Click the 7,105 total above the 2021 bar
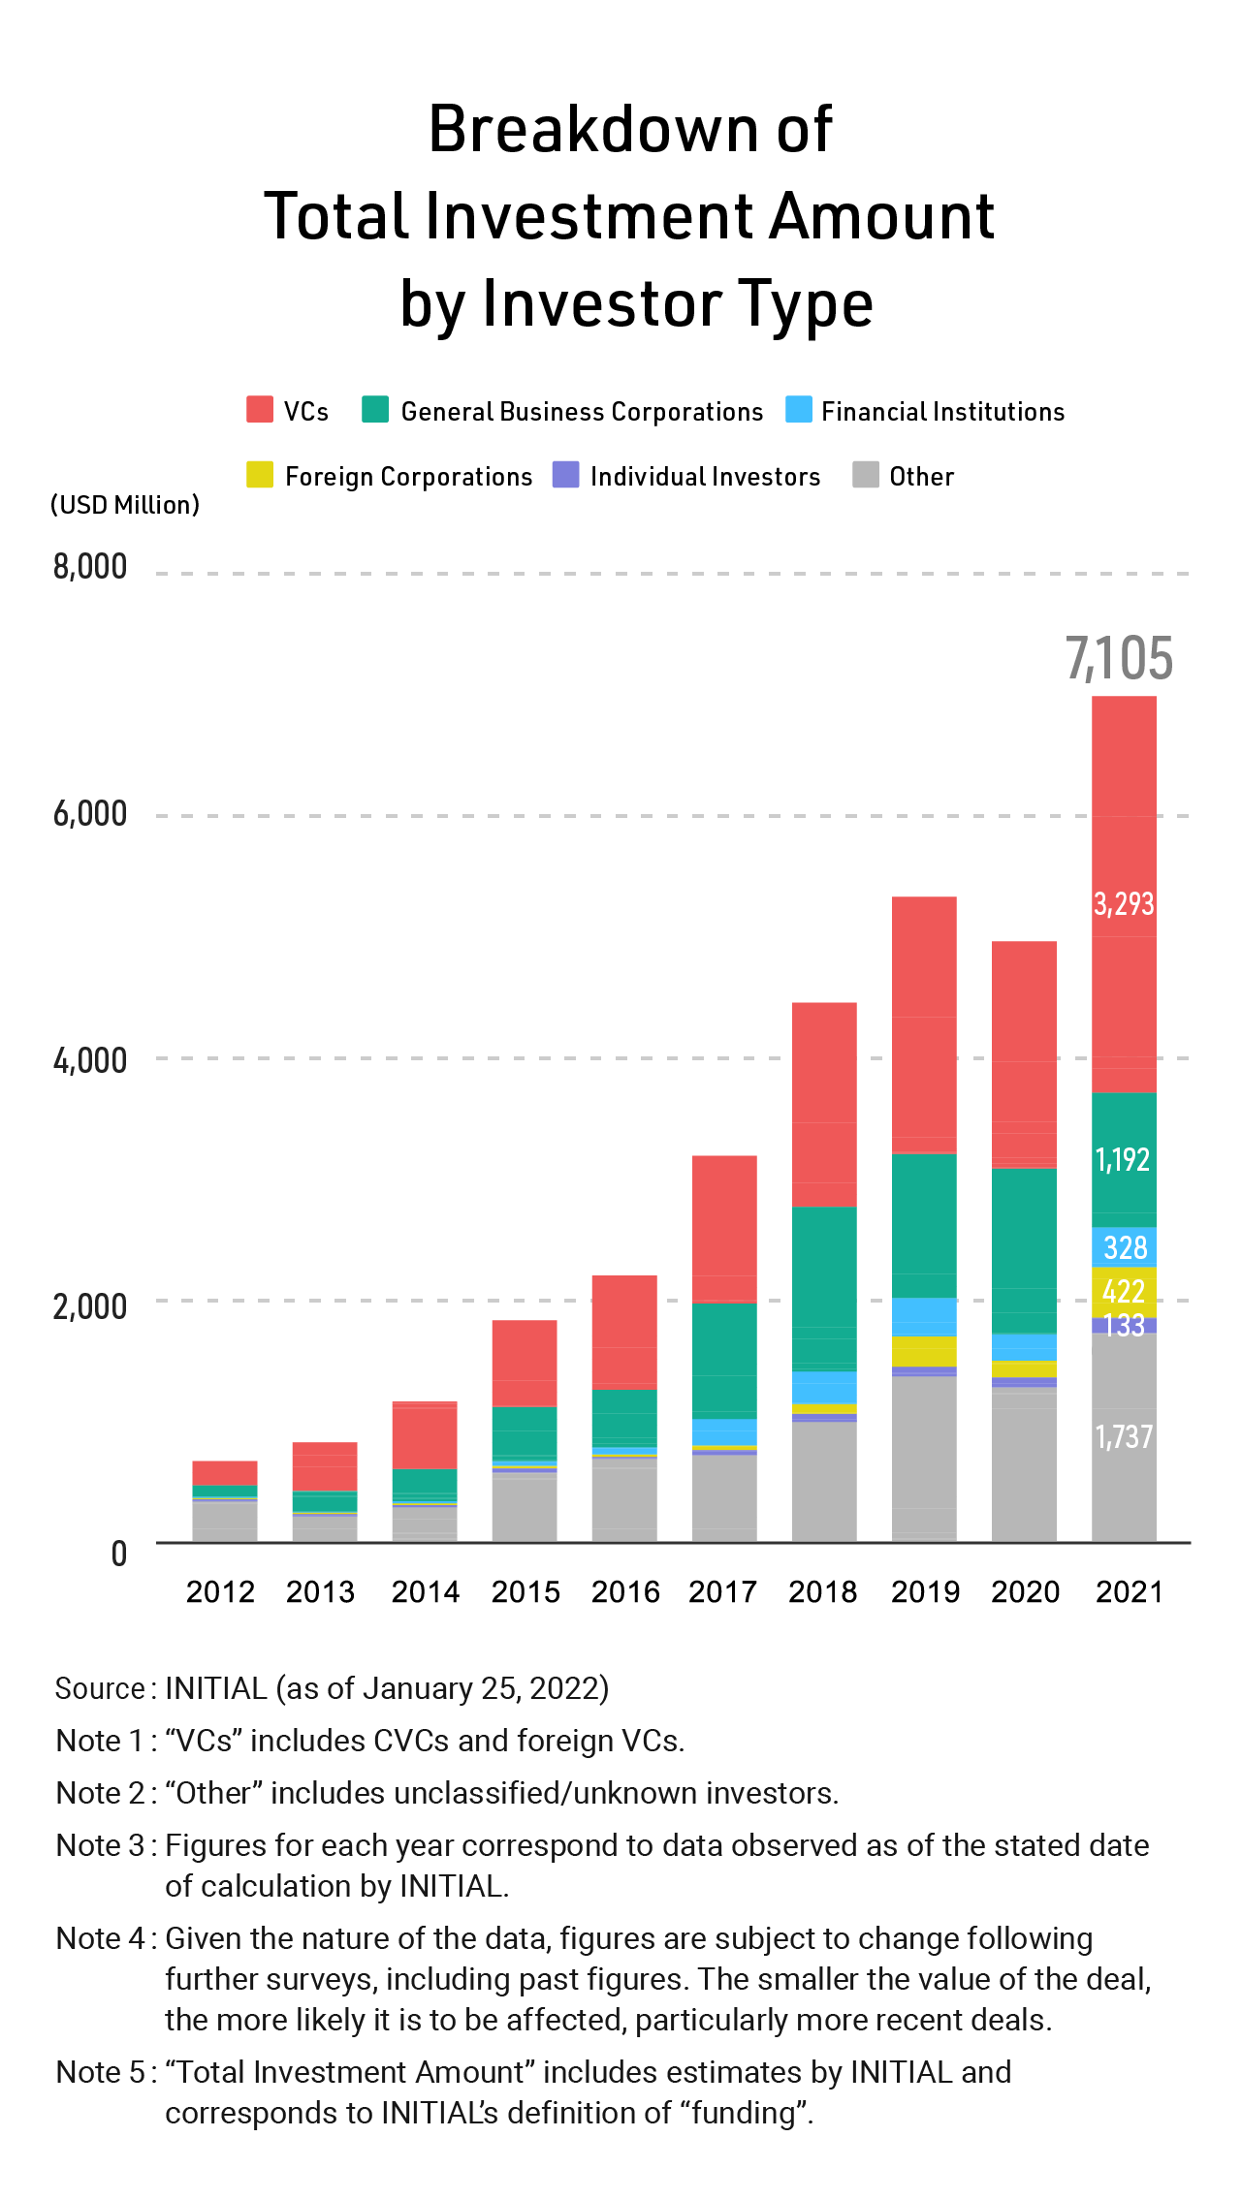(1119, 659)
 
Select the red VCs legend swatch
(260, 409)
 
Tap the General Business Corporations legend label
(582, 412)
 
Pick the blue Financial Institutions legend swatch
(799, 409)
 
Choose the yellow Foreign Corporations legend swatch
(260, 475)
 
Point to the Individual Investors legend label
(705, 477)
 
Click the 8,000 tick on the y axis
(90, 567)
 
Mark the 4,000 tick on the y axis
(90, 1060)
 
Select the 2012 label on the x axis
(220, 1591)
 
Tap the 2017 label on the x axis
(722, 1591)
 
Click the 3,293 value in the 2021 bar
(1124, 904)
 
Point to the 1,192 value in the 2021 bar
(1123, 1159)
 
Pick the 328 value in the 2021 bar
(1125, 1247)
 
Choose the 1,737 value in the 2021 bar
(1124, 1436)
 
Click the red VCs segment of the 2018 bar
(824, 1105)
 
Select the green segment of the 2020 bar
(1024, 1250)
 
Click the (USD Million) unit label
(125, 505)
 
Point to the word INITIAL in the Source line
(215, 1688)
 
